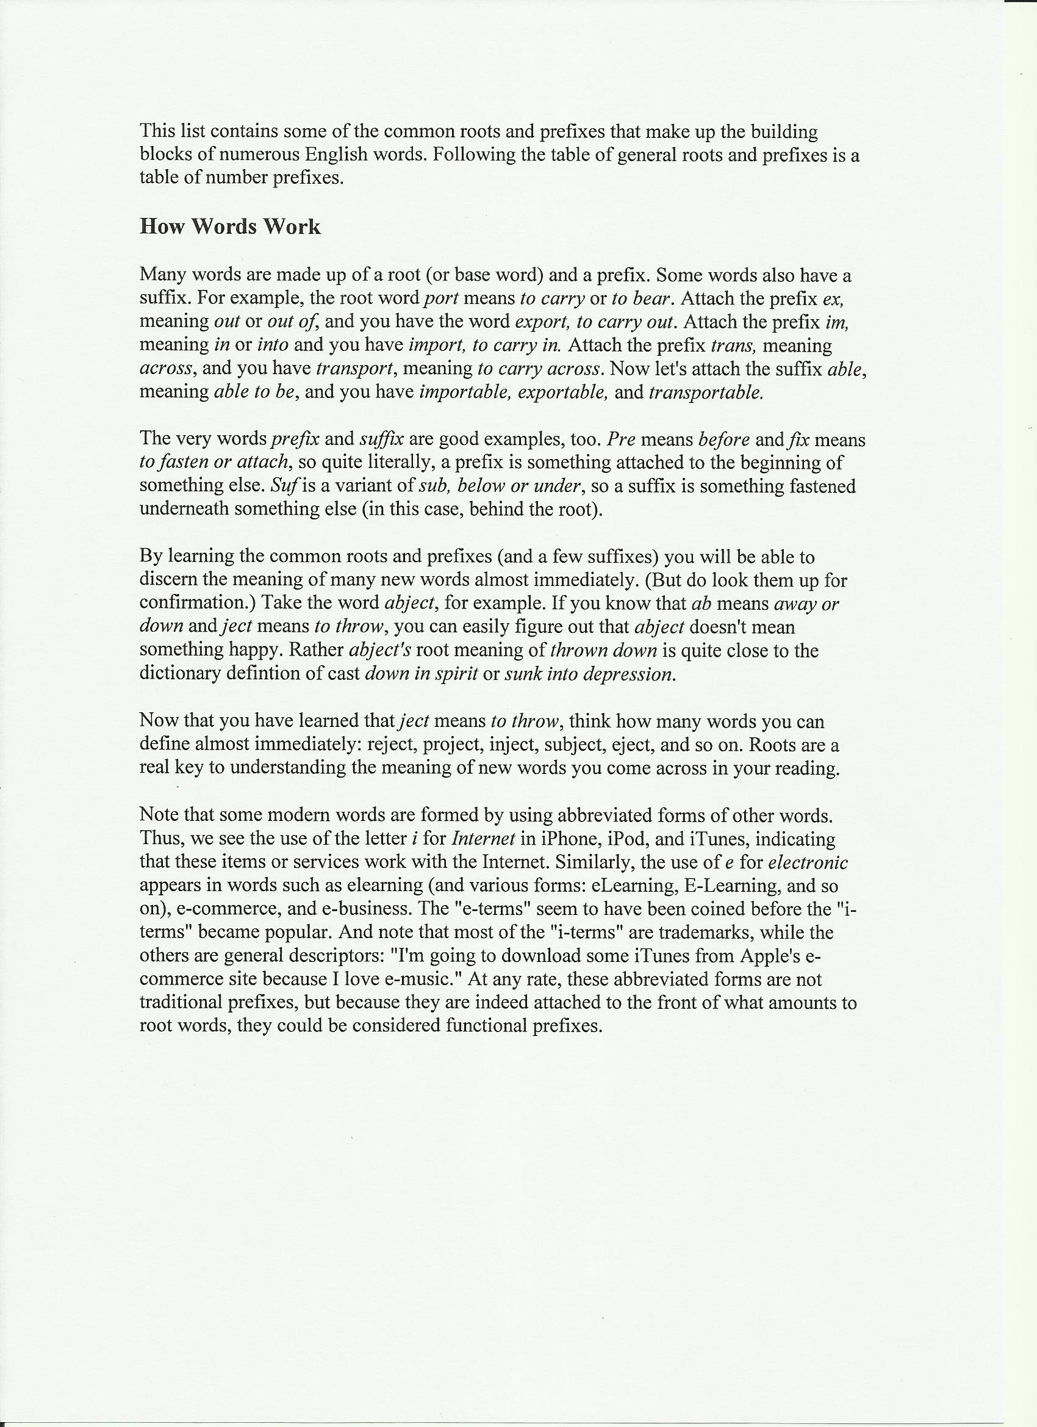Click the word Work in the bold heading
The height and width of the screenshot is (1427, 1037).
tap(291, 226)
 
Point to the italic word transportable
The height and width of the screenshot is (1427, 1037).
tap(706, 392)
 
